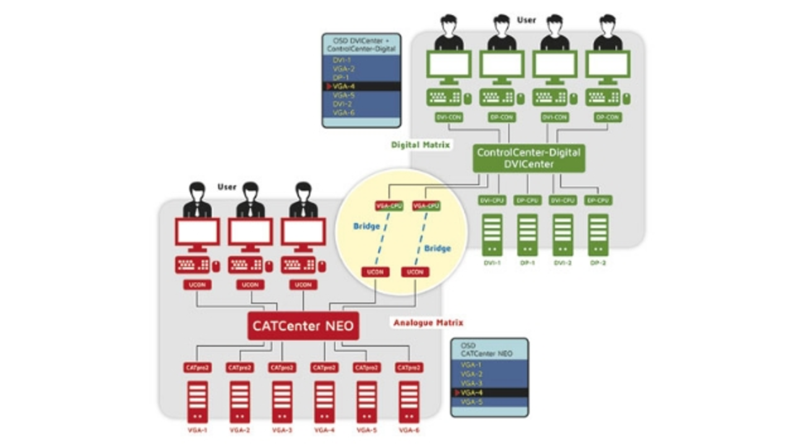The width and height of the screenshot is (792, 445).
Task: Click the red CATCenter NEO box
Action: coord(303,326)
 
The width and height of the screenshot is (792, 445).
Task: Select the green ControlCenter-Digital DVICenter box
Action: coord(528,158)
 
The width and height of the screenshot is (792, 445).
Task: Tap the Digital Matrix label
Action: coord(420,145)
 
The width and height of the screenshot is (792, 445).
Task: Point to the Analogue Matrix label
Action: coord(428,322)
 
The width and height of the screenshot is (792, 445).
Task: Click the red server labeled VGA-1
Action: coord(197,402)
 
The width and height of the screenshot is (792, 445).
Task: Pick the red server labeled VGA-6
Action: coord(409,402)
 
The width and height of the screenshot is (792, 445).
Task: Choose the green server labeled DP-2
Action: coord(598,235)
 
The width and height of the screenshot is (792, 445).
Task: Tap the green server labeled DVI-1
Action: coord(493,235)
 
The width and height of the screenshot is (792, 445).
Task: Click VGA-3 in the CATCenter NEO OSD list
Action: coord(471,384)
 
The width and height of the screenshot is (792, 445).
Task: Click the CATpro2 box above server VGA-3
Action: coord(282,367)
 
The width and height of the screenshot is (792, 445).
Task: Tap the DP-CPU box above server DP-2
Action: coord(598,201)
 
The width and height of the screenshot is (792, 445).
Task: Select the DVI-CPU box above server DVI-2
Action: coord(563,201)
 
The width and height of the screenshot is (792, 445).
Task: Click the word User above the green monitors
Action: coord(527,20)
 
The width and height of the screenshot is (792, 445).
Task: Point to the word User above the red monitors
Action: coord(227,186)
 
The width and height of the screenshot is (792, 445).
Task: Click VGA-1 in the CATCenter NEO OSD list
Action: coord(471,365)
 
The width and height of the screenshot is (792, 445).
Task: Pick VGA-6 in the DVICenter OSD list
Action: coord(343,113)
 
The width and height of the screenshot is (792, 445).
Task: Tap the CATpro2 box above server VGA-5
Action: coord(367,367)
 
